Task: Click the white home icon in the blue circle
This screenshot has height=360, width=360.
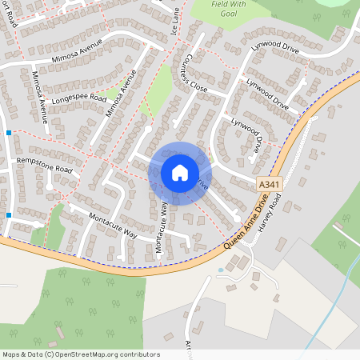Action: point(180,173)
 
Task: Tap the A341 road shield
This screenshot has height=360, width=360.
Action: point(270,185)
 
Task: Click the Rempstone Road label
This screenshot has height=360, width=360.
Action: point(45,166)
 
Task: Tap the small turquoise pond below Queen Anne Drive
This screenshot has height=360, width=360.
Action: point(222,270)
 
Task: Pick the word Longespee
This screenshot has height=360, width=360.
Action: point(67,102)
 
